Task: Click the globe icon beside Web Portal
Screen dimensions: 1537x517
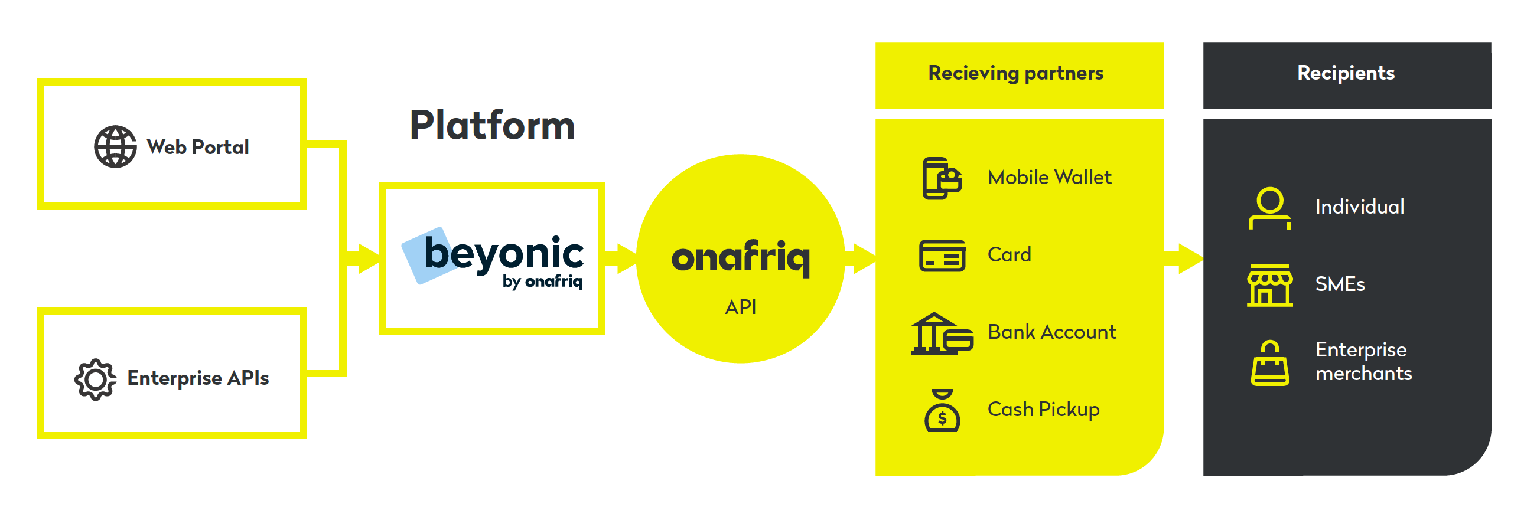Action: [x=115, y=147]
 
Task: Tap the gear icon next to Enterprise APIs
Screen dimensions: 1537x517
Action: [x=95, y=379]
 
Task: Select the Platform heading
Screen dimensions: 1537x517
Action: [x=492, y=126]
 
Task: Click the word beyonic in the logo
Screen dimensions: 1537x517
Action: [x=504, y=253]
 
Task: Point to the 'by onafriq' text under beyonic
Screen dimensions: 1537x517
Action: [x=542, y=281]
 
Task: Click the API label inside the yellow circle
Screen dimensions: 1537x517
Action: [x=741, y=307]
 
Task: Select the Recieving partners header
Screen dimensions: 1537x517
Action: [x=1015, y=73]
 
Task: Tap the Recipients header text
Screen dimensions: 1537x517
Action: [x=1346, y=73]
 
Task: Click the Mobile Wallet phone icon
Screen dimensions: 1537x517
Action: [x=942, y=178]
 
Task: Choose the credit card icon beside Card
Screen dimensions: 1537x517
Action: [x=942, y=256]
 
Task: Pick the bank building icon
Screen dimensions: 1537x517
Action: [x=942, y=333]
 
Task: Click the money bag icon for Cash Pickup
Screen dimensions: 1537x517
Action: [x=942, y=410]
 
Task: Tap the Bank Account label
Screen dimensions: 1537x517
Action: [x=1051, y=332]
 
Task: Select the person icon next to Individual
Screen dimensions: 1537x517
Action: [x=1269, y=208]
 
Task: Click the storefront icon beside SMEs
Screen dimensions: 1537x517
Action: [x=1269, y=285]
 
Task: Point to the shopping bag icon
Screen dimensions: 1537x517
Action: [x=1269, y=363]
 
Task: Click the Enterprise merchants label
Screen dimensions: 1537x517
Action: [x=1363, y=361]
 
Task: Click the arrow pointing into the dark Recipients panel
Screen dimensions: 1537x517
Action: [x=1183, y=259]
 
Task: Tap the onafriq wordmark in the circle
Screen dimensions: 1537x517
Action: [x=741, y=258]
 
